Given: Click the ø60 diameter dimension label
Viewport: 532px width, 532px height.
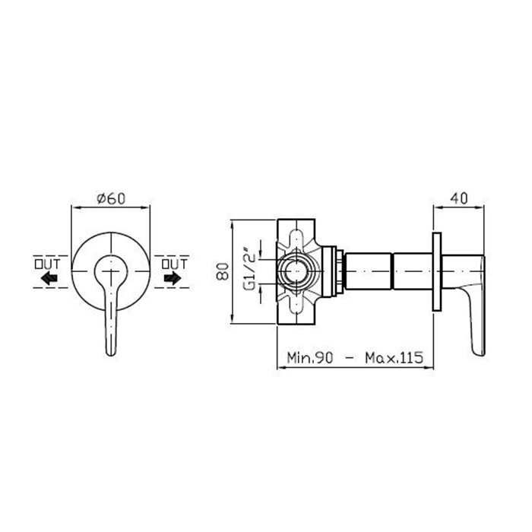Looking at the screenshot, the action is click(x=111, y=198).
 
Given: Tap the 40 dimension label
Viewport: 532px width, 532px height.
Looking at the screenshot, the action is click(x=459, y=198).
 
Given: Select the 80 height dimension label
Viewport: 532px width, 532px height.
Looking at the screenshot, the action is click(x=223, y=271).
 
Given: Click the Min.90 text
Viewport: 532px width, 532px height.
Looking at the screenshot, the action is click(x=310, y=358).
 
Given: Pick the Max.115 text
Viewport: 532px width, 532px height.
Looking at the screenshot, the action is click(x=394, y=358).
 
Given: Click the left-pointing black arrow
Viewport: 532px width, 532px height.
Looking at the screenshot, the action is click(x=49, y=279).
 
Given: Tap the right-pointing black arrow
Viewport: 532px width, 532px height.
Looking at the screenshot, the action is click(x=173, y=279).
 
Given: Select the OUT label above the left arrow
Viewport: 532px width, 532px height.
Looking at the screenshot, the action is click(x=47, y=264).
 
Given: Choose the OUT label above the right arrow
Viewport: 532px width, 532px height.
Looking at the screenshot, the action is click(x=174, y=264).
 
